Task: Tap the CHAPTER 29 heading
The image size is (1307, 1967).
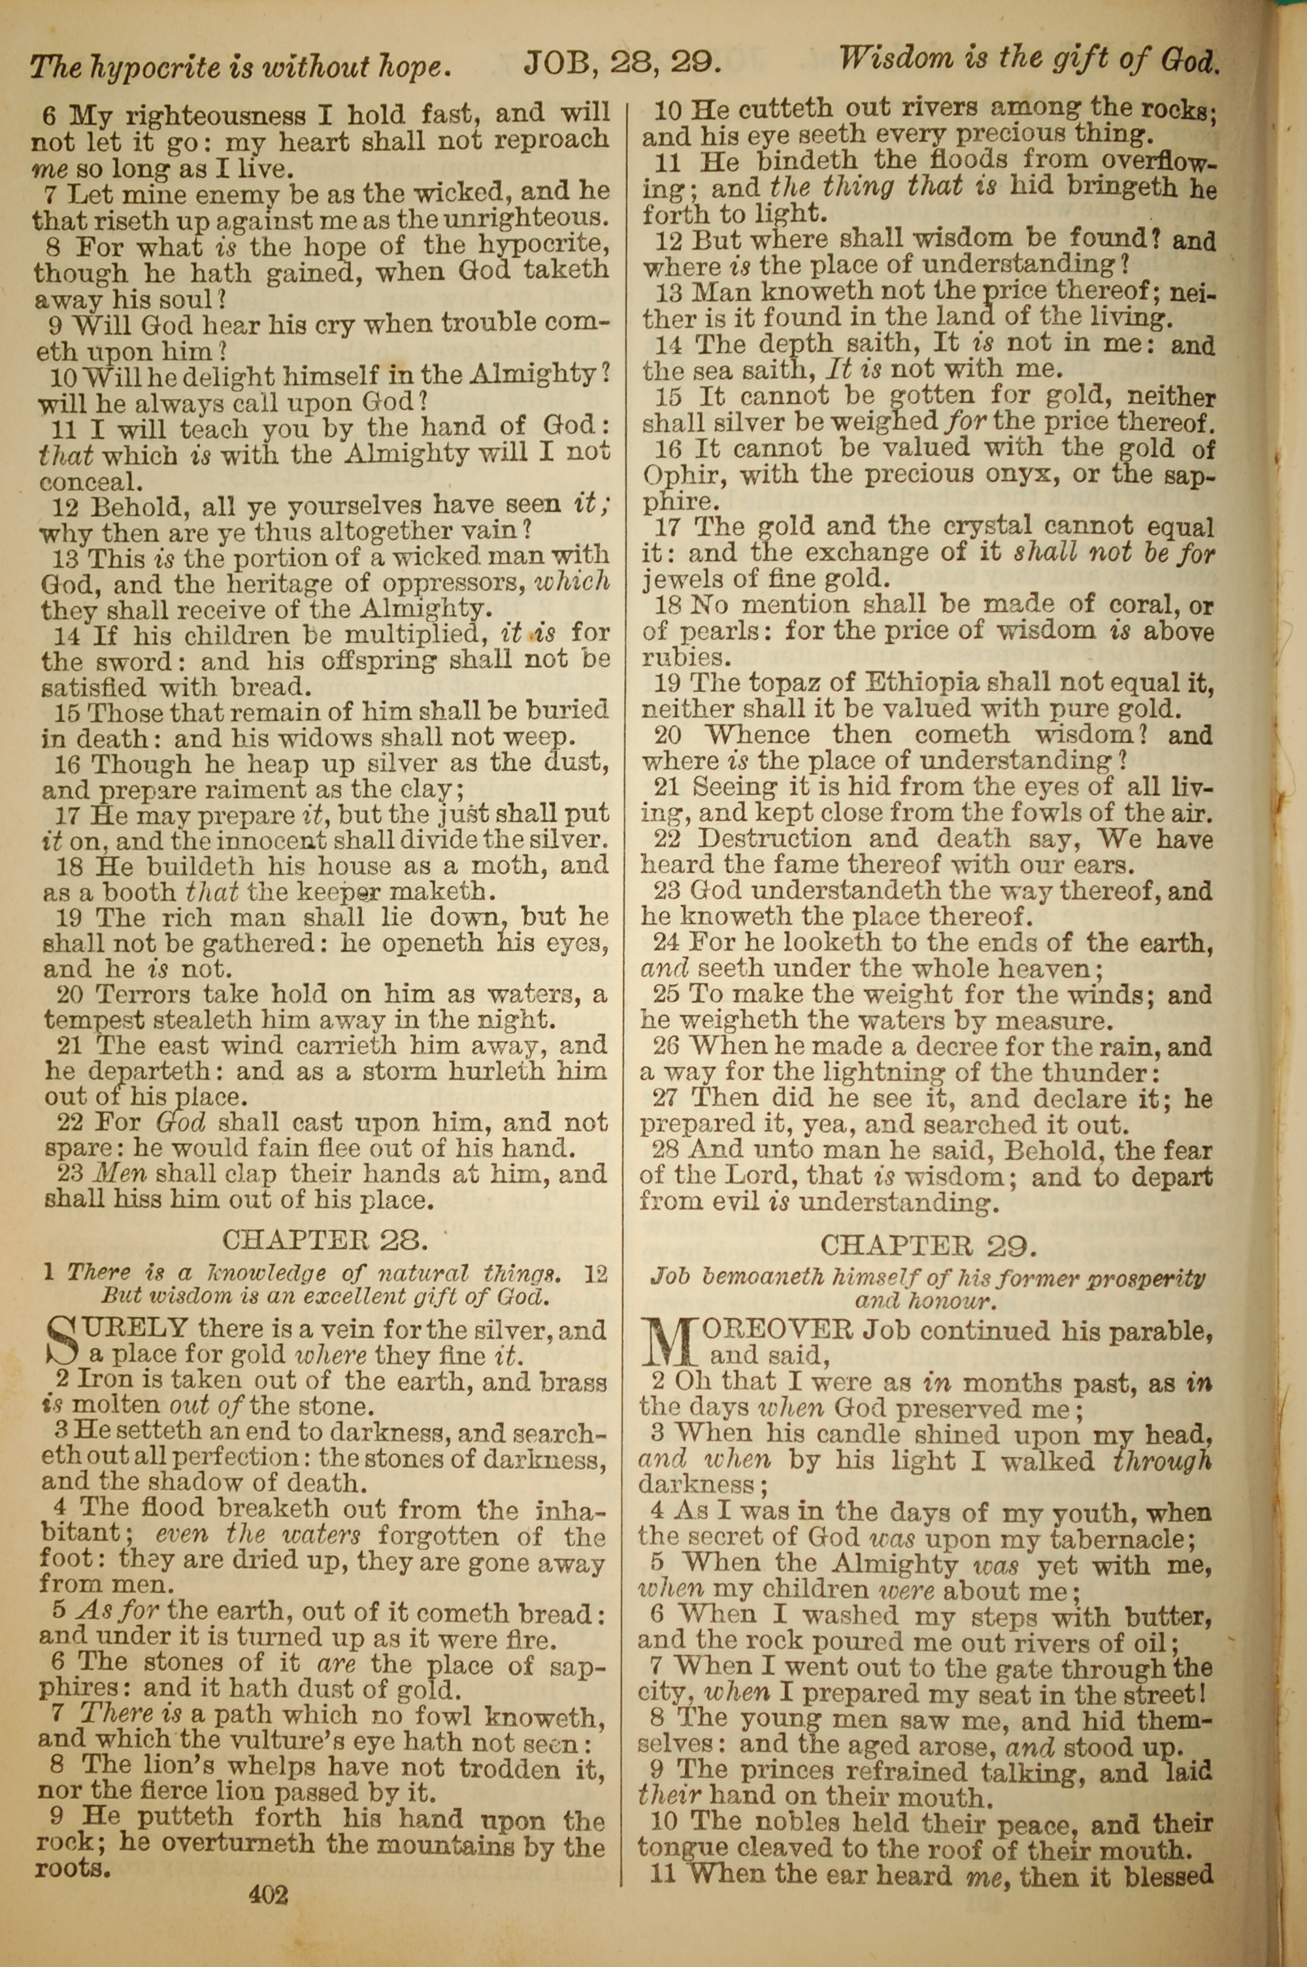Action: [929, 1245]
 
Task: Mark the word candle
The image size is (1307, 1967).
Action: [859, 1433]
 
